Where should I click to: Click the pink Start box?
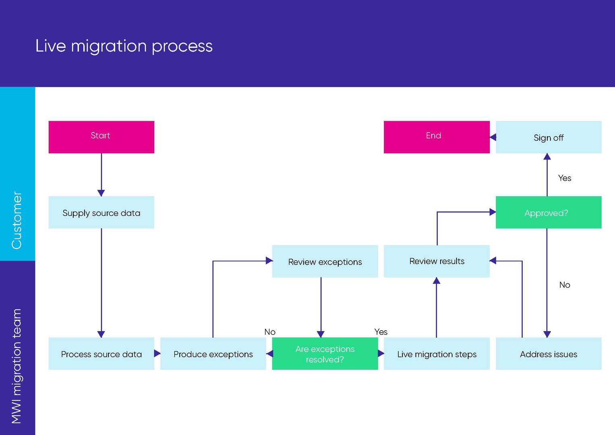(101, 137)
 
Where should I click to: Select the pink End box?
(436, 137)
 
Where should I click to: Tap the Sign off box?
(548, 137)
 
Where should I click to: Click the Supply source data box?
(101, 213)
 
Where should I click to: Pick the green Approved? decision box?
(548, 213)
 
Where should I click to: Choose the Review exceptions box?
(325, 261)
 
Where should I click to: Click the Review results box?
(437, 261)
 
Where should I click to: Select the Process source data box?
(101, 354)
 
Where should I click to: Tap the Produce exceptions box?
(213, 354)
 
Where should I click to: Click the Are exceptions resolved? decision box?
(325, 354)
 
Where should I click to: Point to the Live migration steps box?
(437, 354)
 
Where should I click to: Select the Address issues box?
(548, 354)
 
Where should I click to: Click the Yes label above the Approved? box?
(564, 178)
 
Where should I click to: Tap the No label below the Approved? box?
(564, 285)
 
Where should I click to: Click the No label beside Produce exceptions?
(269, 332)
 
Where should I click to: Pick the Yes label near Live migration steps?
(381, 332)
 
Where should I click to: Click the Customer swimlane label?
(17, 220)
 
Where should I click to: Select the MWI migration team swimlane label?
(17, 366)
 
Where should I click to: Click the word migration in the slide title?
(109, 46)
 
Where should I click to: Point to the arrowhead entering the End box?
(493, 137)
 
